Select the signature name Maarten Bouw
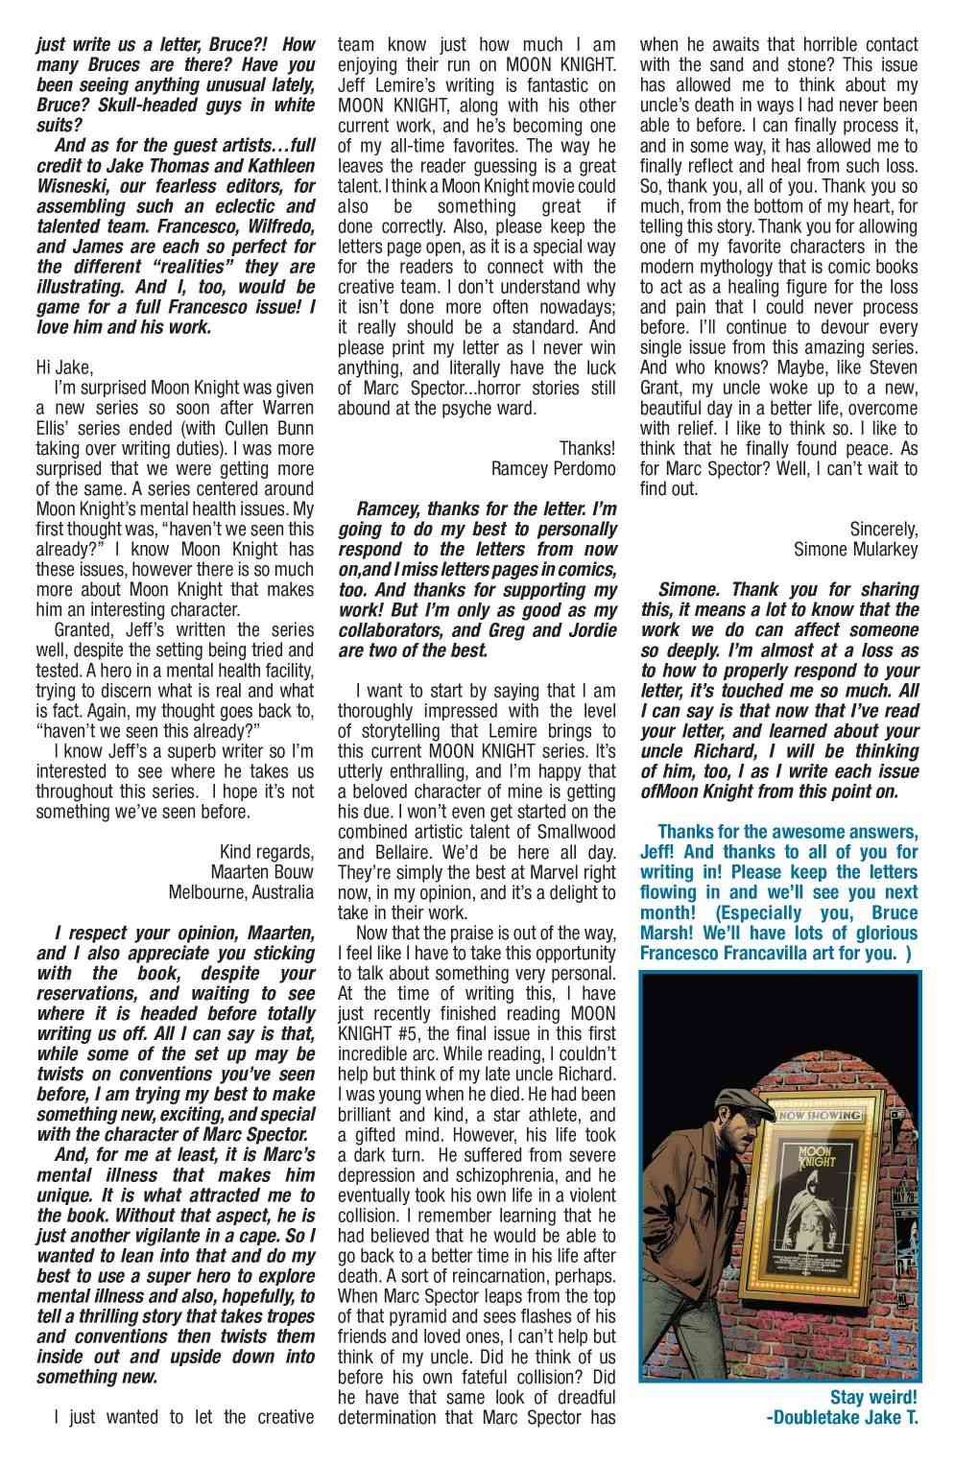(x=261, y=872)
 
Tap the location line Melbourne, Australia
(x=241, y=892)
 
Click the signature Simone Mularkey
(x=856, y=549)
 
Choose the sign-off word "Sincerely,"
(x=884, y=529)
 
